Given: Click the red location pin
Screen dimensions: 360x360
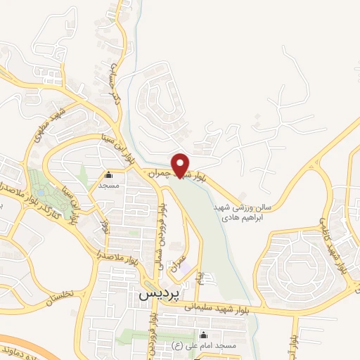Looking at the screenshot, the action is pyautogui.click(x=181, y=165).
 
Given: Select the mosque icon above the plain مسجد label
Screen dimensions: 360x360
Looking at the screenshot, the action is pyautogui.click(x=108, y=175).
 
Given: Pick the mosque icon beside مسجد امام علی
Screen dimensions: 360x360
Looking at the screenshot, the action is pyautogui.click(x=204, y=334).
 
